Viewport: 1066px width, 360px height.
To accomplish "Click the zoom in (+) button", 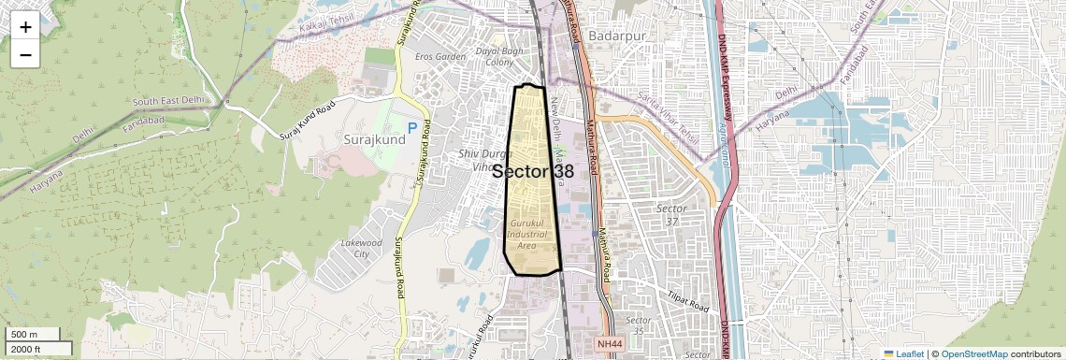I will pyautogui.click(x=25, y=27).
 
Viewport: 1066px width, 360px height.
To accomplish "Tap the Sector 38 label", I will pyautogui.click(x=533, y=172).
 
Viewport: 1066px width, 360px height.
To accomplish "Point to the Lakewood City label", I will pyautogui.click(x=362, y=248).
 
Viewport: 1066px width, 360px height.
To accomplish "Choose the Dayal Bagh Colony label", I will pyautogui.click(x=496, y=56).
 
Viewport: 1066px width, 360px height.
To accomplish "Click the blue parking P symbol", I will pyautogui.click(x=412, y=128).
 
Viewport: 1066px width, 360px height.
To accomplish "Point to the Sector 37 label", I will pyautogui.click(x=671, y=214).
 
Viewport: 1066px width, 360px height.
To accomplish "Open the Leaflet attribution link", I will pyautogui.click(x=903, y=353).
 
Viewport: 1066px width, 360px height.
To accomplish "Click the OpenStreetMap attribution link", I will pyautogui.click(x=973, y=353).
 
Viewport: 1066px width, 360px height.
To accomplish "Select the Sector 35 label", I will pyautogui.click(x=640, y=325).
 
